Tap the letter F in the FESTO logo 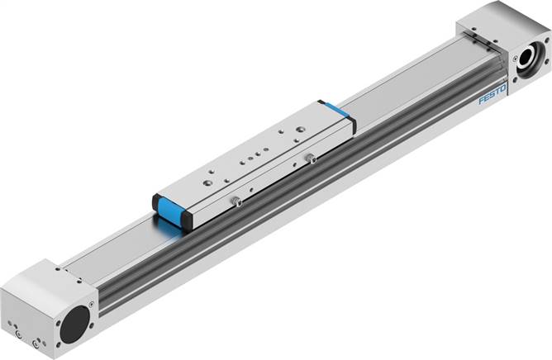[482, 102]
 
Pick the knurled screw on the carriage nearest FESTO [310, 158]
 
